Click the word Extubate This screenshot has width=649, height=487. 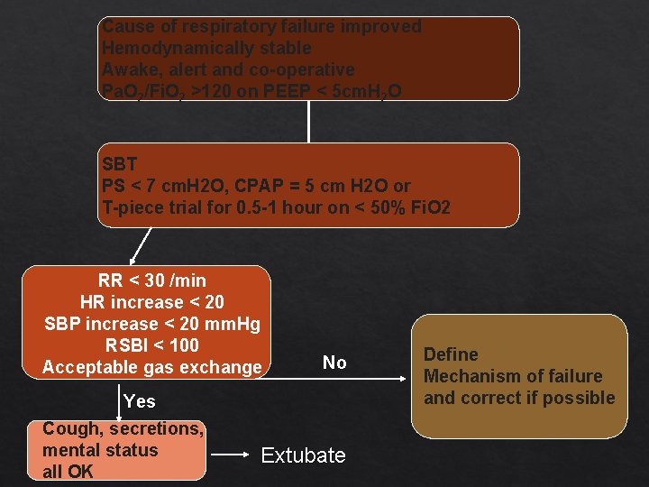303,455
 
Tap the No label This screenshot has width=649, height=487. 334,363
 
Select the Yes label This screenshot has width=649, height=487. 140,401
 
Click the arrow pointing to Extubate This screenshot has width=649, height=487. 233,455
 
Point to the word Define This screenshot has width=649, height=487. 451,354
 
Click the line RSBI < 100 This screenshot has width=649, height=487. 152,345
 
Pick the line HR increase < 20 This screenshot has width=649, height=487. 152,302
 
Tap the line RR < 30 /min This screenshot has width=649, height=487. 152,280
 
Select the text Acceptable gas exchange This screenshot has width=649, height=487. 152,367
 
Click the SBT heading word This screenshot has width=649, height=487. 120,164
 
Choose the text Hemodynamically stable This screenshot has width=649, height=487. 207,48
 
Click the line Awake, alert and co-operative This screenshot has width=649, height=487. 229,69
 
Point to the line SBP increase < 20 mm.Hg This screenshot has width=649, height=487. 152,324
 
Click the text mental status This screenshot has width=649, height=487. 100,450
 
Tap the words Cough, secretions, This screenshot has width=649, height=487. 123,428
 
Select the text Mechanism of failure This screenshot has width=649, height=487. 513,376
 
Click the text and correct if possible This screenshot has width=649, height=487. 519,398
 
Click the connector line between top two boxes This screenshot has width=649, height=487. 309,121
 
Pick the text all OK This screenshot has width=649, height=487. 68,472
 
